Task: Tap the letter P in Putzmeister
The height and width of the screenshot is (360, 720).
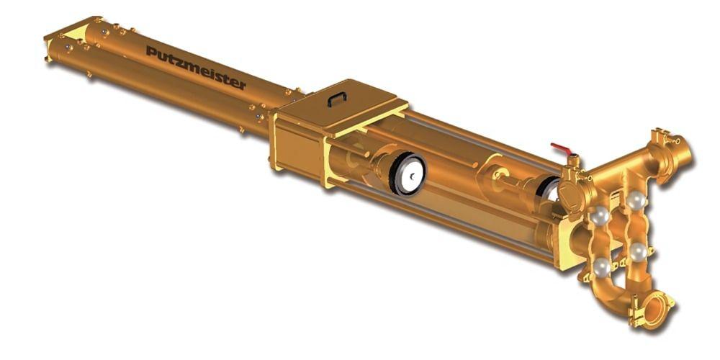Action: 150,50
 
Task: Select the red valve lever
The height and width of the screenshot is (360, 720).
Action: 561,149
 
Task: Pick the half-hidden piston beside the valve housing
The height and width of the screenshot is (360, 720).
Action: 549,189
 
